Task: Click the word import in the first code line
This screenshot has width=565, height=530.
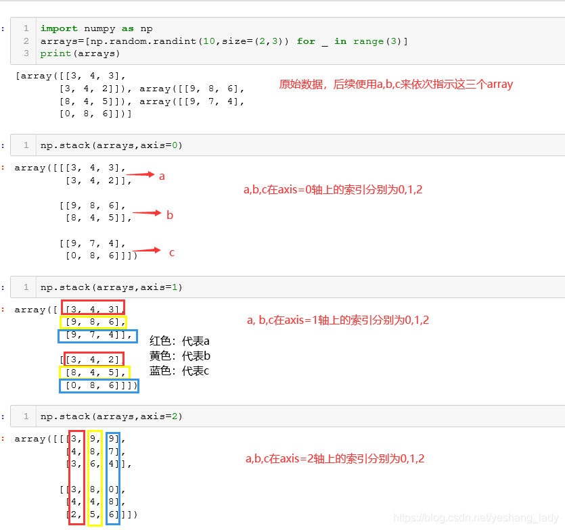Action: (x=58, y=28)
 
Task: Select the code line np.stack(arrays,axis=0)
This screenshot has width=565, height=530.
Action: (x=111, y=145)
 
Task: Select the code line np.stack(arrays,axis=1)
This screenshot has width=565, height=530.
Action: (x=111, y=287)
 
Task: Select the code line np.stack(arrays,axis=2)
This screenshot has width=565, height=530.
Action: (x=111, y=416)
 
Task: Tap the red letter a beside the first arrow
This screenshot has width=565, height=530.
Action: (x=162, y=176)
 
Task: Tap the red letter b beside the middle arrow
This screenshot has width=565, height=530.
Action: (x=170, y=215)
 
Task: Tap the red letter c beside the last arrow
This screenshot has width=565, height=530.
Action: (x=172, y=253)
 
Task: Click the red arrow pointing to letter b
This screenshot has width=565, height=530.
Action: (x=147, y=214)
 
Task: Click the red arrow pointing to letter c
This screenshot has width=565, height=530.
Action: (x=147, y=250)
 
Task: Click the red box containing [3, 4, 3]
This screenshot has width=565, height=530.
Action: (x=93, y=308)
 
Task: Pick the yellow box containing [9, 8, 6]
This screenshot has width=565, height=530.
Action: (x=93, y=322)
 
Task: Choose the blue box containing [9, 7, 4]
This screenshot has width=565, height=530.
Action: (x=97, y=336)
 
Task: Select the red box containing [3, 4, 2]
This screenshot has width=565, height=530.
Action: (x=94, y=359)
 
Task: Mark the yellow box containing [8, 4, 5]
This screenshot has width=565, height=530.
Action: (x=94, y=372)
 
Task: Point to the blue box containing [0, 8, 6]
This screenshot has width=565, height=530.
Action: (x=98, y=386)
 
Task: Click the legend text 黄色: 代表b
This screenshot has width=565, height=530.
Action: (x=180, y=356)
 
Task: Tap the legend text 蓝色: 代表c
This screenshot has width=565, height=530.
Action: (x=180, y=370)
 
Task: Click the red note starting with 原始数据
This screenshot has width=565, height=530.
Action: (x=396, y=85)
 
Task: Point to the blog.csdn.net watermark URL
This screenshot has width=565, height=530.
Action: (x=476, y=518)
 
